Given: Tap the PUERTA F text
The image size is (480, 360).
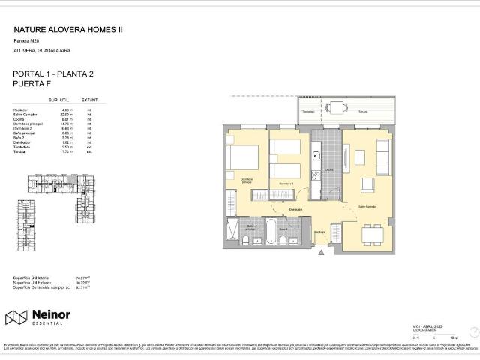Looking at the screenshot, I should pyautogui.click(x=34, y=85).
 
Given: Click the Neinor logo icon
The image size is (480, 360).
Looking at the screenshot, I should pyautogui.click(x=16, y=318).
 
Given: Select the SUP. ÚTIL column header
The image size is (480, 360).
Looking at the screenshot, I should pyautogui.click(x=59, y=100).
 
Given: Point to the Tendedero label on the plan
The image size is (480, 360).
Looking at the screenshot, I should pyautogui.click(x=307, y=112).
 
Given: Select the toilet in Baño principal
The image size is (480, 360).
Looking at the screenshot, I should pyautogui.click(x=245, y=240).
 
